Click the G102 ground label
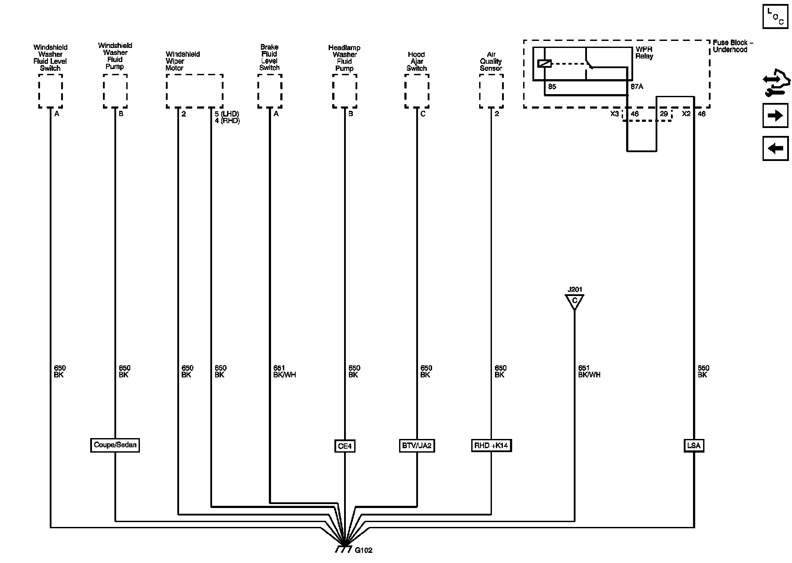[x=363, y=550]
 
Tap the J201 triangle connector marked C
[x=574, y=302]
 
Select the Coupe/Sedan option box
[x=115, y=445]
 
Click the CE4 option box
[x=345, y=446]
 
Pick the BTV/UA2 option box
[x=416, y=446]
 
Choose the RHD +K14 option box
[x=491, y=446]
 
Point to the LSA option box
[x=693, y=446]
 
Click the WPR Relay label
[x=644, y=53]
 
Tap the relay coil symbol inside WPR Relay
[x=545, y=64]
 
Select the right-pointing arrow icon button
[x=775, y=116]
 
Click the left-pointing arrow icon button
[x=775, y=148]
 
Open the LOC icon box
[x=775, y=17]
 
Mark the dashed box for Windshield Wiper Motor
[x=194, y=91]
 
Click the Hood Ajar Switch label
[x=416, y=62]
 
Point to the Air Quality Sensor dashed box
[x=491, y=91]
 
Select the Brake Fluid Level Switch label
[x=269, y=57]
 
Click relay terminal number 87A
[x=637, y=87]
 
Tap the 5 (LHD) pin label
[x=227, y=114]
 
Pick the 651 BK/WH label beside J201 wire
[x=589, y=372]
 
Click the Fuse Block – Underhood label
[x=733, y=46]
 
